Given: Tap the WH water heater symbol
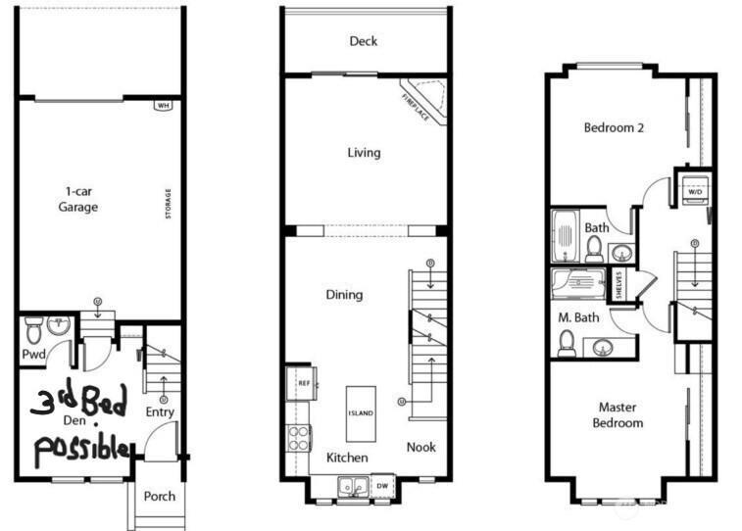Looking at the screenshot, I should click(x=163, y=106).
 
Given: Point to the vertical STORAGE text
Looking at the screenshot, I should click(x=168, y=207).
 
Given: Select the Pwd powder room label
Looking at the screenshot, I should click(x=34, y=354).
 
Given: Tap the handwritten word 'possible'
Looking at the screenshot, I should click(x=82, y=449).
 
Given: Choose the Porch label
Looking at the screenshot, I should click(x=159, y=496).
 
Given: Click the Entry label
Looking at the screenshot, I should click(x=160, y=412).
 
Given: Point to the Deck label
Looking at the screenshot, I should click(x=364, y=41).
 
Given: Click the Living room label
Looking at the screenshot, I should click(x=364, y=153).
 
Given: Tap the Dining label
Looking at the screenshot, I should click(x=344, y=294).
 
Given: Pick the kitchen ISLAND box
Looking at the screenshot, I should click(x=360, y=413).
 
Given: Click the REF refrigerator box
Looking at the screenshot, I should click(x=304, y=383).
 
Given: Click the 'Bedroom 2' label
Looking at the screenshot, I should click(x=614, y=127).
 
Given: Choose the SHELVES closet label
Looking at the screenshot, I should click(x=619, y=286).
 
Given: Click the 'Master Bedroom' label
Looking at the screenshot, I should click(x=618, y=414).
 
